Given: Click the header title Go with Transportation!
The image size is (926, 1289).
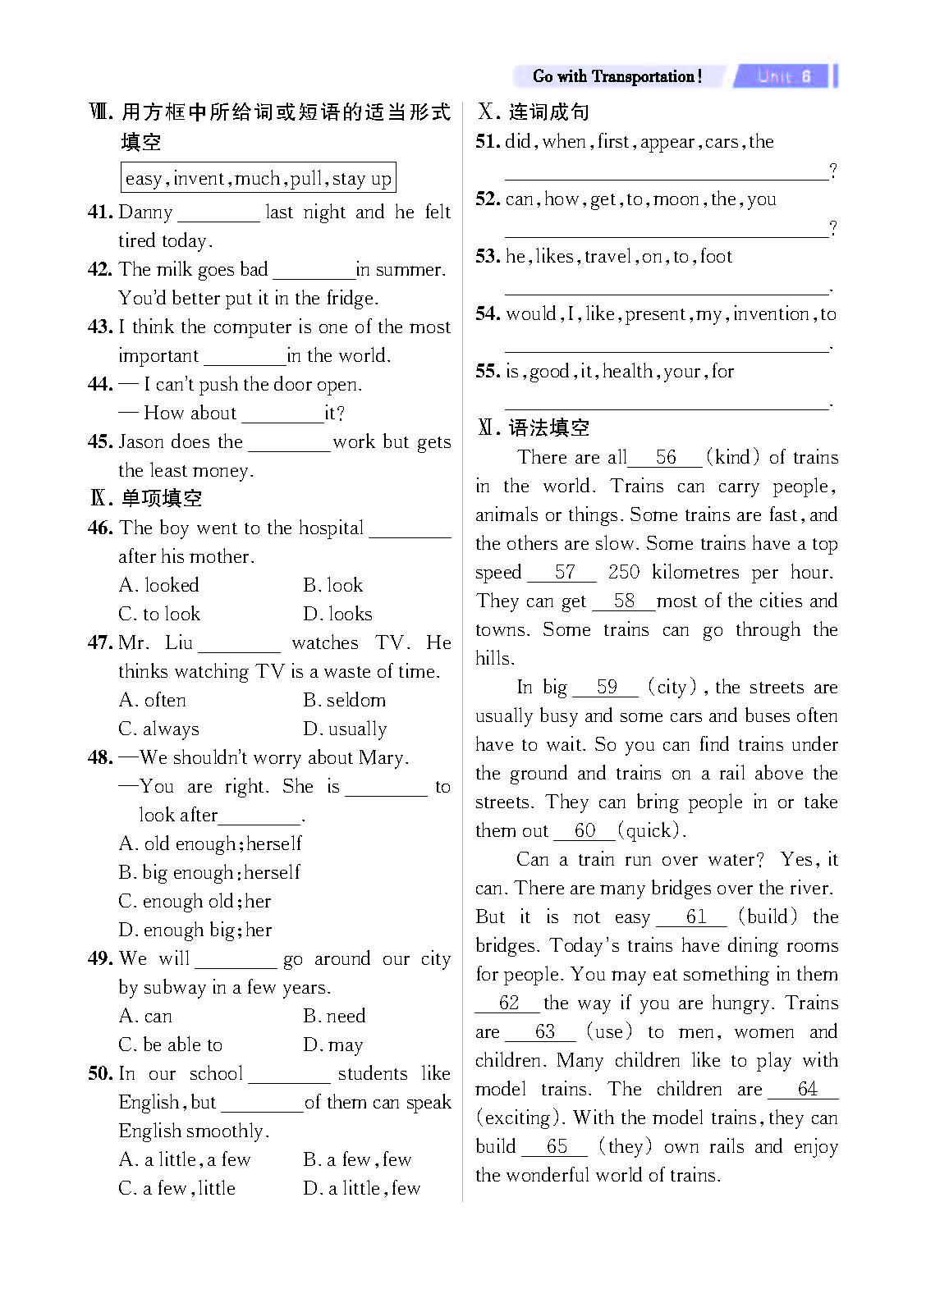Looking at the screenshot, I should (x=617, y=76).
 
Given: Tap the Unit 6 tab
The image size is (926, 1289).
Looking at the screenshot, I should (x=784, y=76).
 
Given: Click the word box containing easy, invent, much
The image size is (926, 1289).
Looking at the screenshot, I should (x=258, y=178).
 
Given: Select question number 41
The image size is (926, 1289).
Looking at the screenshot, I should (x=100, y=212).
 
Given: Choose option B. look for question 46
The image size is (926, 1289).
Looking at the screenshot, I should (x=332, y=585).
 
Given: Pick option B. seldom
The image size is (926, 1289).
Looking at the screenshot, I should (x=344, y=700).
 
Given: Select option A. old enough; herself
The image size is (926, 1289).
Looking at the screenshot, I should (x=210, y=843).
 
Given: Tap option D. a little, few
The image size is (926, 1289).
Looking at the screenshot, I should (x=361, y=1188).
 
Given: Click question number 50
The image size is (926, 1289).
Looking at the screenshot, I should (x=100, y=1073).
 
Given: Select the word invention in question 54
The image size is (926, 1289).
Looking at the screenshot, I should (x=772, y=313).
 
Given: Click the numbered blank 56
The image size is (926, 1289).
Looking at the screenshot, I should (x=666, y=458).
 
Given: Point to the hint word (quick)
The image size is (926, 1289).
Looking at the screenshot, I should (x=651, y=830).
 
